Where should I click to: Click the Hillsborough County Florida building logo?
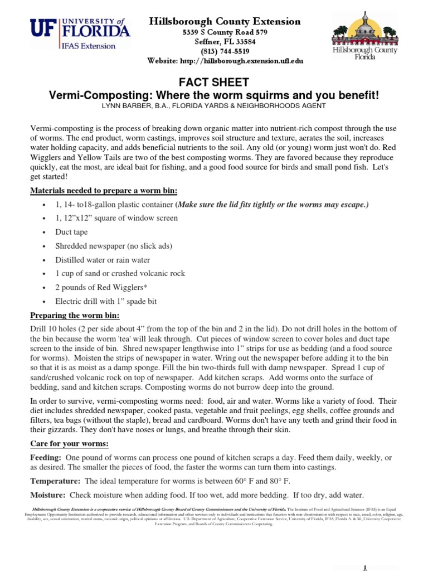[x=364, y=37]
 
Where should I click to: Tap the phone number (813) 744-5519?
[x=225, y=51]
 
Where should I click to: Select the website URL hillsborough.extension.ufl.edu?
[x=225, y=61]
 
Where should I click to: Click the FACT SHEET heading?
[x=214, y=83]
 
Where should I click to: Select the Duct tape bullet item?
[x=71, y=232]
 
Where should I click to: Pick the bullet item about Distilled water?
[x=103, y=260]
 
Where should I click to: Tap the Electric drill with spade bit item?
[x=106, y=301]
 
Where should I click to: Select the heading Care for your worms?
[x=69, y=443]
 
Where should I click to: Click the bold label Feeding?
[x=46, y=457]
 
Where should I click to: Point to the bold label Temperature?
[x=55, y=481]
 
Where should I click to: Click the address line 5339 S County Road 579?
[x=225, y=32]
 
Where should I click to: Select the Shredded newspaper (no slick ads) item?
[x=114, y=246]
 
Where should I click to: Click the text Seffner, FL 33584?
[x=225, y=42]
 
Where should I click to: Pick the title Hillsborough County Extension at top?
[x=225, y=21]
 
